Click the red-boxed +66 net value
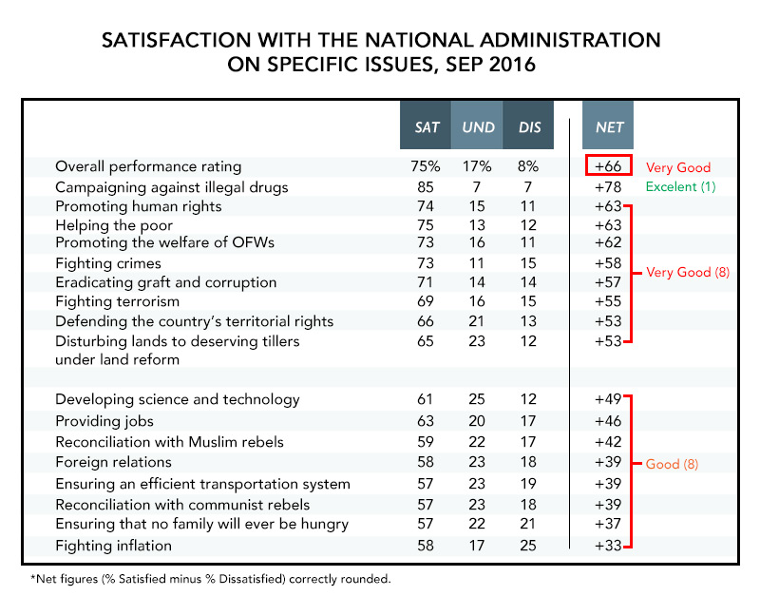608,165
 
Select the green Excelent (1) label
680,186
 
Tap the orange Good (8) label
672,464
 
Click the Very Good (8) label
688,272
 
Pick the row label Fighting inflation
113,546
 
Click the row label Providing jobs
104,421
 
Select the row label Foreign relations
113,462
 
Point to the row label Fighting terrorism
117,301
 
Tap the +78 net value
608,187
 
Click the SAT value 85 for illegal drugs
426,187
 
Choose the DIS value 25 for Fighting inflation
528,546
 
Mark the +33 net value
608,546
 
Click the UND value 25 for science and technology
477,399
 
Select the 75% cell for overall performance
425,166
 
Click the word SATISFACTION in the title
177,40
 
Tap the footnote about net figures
211,579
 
